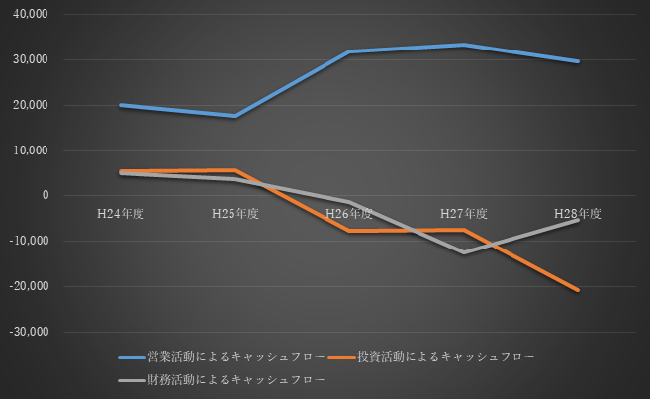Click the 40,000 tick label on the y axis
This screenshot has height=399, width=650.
(x=31, y=15)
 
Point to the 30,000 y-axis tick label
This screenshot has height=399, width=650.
(x=31, y=60)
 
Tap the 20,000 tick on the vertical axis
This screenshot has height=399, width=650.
(x=31, y=106)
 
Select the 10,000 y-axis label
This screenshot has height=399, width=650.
(x=31, y=150)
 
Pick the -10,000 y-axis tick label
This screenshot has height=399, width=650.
(x=29, y=242)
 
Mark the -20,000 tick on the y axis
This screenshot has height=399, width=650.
(x=29, y=287)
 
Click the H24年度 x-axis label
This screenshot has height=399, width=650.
(x=120, y=213)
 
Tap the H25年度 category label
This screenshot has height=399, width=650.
(x=234, y=213)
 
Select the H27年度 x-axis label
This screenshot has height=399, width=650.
(x=463, y=213)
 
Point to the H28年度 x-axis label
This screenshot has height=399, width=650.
(x=578, y=213)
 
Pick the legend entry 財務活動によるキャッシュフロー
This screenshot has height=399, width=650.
(x=225, y=378)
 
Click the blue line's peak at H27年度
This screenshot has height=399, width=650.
(x=463, y=45)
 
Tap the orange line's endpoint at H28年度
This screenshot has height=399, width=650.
(x=578, y=290)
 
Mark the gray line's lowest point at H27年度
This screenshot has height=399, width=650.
(x=463, y=252)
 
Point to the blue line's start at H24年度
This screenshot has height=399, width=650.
(x=120, y=105)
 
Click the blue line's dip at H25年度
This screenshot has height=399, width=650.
(x=234, y=116)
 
